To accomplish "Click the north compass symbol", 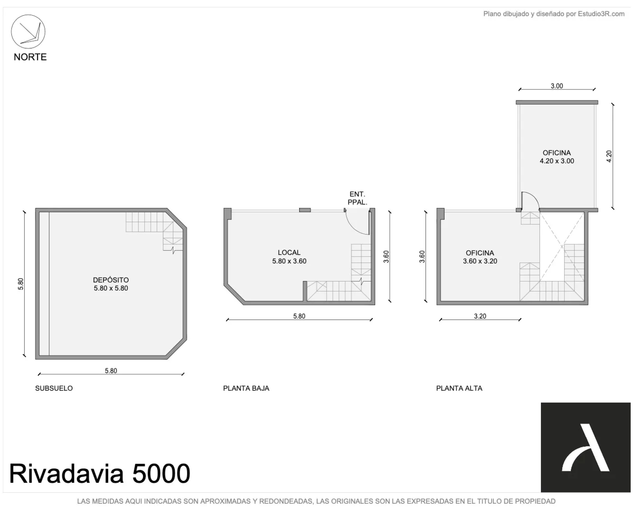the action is (x=28, y=32).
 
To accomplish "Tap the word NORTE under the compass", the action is (x=30, y=57).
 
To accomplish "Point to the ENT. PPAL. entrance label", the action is (x=357, y=198).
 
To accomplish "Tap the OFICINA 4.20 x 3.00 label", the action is (x=557, y=157).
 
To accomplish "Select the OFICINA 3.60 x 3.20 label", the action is (x=480, y=257).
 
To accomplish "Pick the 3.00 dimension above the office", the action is (x=557, y=86).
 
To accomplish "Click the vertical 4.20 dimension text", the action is (x=609, y=156).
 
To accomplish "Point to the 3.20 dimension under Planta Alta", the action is (x=480, y=316).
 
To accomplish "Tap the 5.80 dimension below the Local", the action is (x=299, y=316).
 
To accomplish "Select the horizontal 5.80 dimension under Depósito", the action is (x=111, y=371).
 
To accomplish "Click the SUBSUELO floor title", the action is (x=54, y=388).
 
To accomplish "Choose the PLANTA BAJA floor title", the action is (x=246, y=388).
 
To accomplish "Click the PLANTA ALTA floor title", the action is (x=459, y=388).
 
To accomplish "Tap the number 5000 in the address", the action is (x=161, y=473).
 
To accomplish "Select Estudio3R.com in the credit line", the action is (x=601, y=14).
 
